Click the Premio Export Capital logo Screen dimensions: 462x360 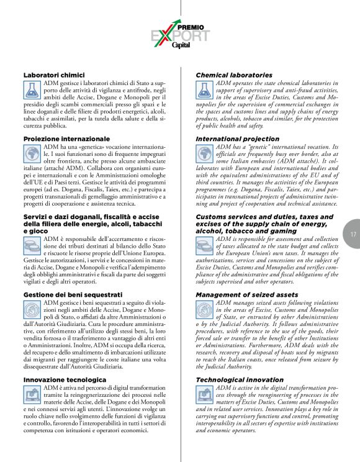180,37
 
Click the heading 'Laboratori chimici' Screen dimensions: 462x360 50,75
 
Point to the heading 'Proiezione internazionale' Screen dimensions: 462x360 66,138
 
